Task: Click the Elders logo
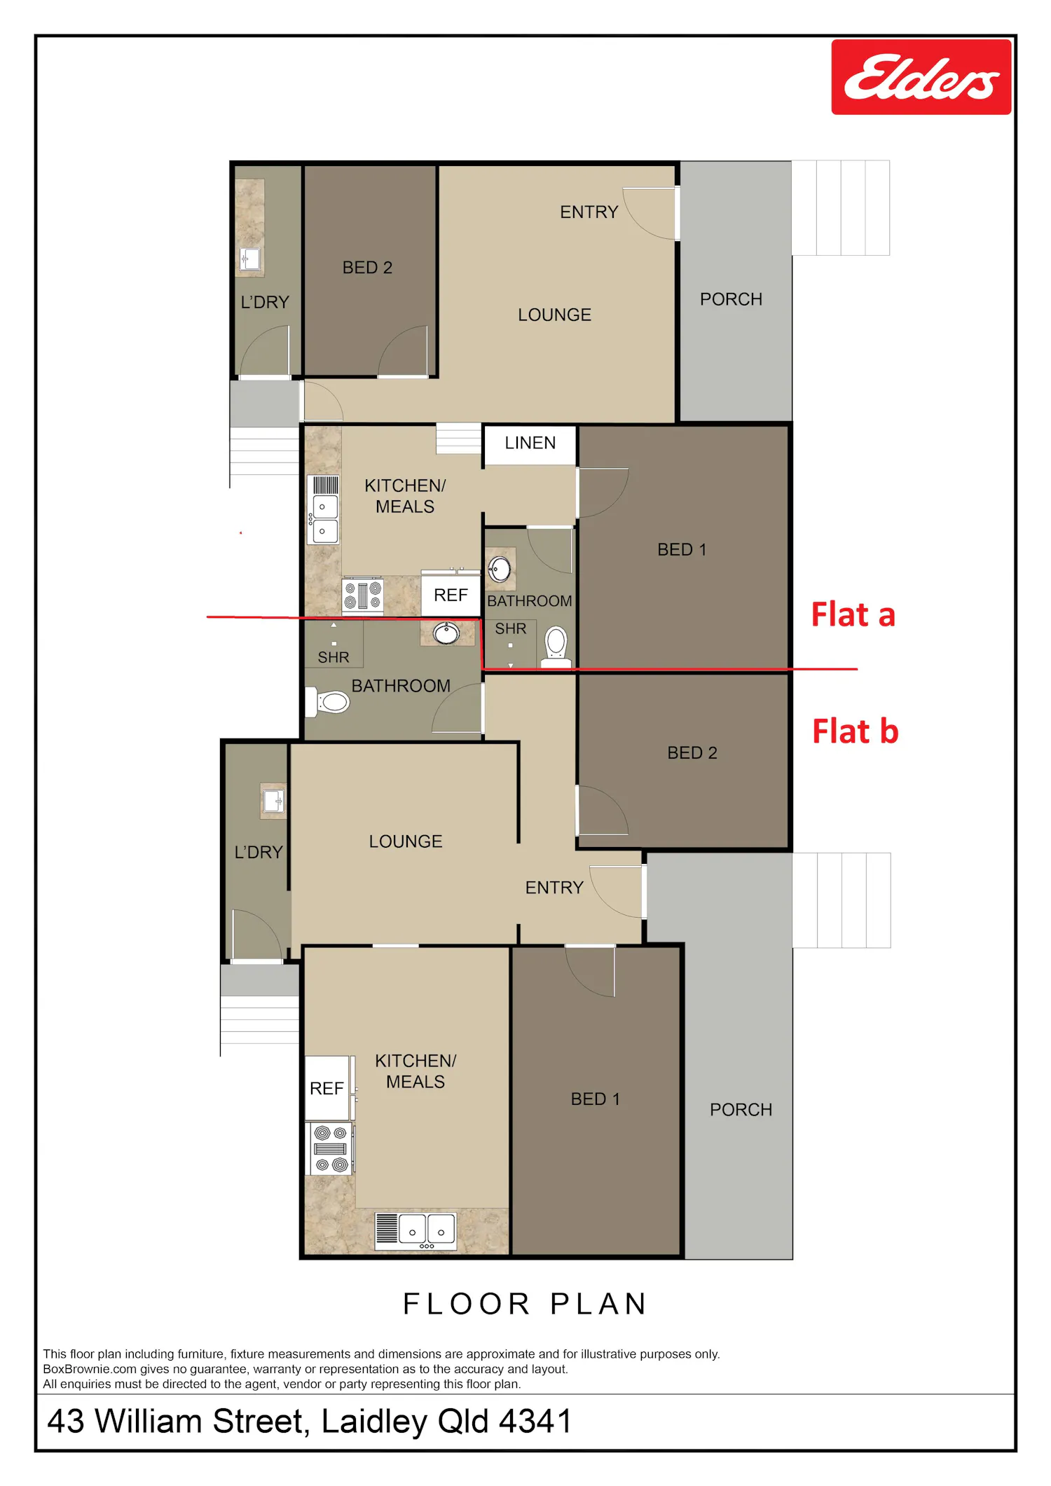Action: coord(921,77)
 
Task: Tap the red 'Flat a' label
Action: coord(853,614)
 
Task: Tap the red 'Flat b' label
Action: coord(855,731)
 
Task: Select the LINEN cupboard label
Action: coord(530,443)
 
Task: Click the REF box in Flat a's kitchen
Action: coord(451,595)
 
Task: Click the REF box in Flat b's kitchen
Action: coord(327,1088)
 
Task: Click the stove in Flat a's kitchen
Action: coord(362,596)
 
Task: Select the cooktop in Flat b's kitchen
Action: coord(331,1148)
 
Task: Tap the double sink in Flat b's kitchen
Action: coord(416,1231)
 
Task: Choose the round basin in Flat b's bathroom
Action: coord(446,633)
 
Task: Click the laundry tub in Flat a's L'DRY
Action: coord(250,259)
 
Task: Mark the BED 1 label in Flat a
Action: coord(682,550)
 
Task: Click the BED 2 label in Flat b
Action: coord(692,753)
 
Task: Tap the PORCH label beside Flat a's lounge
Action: coord(731,299)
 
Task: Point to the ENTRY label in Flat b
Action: coord(554,888)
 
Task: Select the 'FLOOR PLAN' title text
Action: coord(525,1304)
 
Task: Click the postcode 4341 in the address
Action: coord(535,1422)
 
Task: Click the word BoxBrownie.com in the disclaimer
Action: coord(90,1369)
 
